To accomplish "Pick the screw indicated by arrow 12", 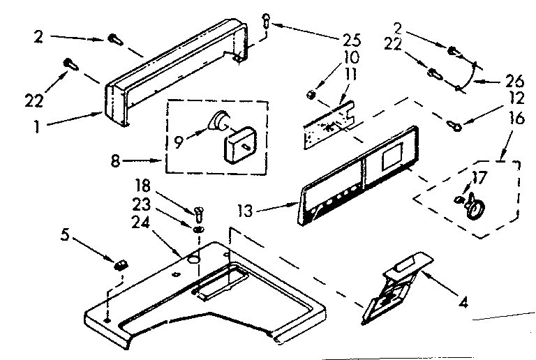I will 454,125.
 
